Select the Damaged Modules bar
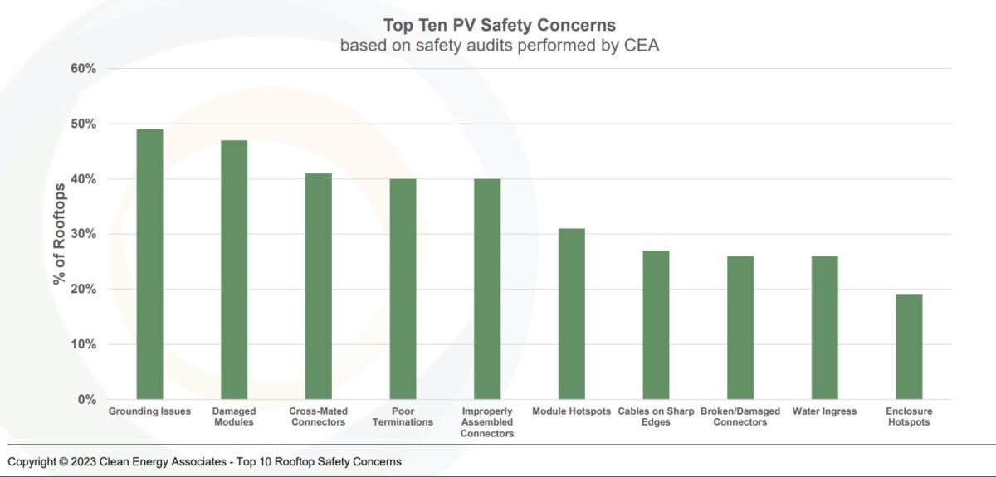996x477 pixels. click(x=234, y=270)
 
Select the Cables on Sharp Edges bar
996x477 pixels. click(x=656, y=324)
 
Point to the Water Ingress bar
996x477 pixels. click(x=824, y=328)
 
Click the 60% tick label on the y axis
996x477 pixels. click(x=82, y=69)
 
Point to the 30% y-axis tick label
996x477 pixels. click(x=82, y=234)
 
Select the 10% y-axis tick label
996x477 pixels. click(x=82, y=344)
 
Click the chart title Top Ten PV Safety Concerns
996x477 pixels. click(x=499, y=26)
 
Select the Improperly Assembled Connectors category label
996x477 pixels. click(x=486, y=422)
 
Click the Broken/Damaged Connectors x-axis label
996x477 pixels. click(x=740, y=416)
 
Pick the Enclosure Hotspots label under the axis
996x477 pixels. click(x=909, y=416)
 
